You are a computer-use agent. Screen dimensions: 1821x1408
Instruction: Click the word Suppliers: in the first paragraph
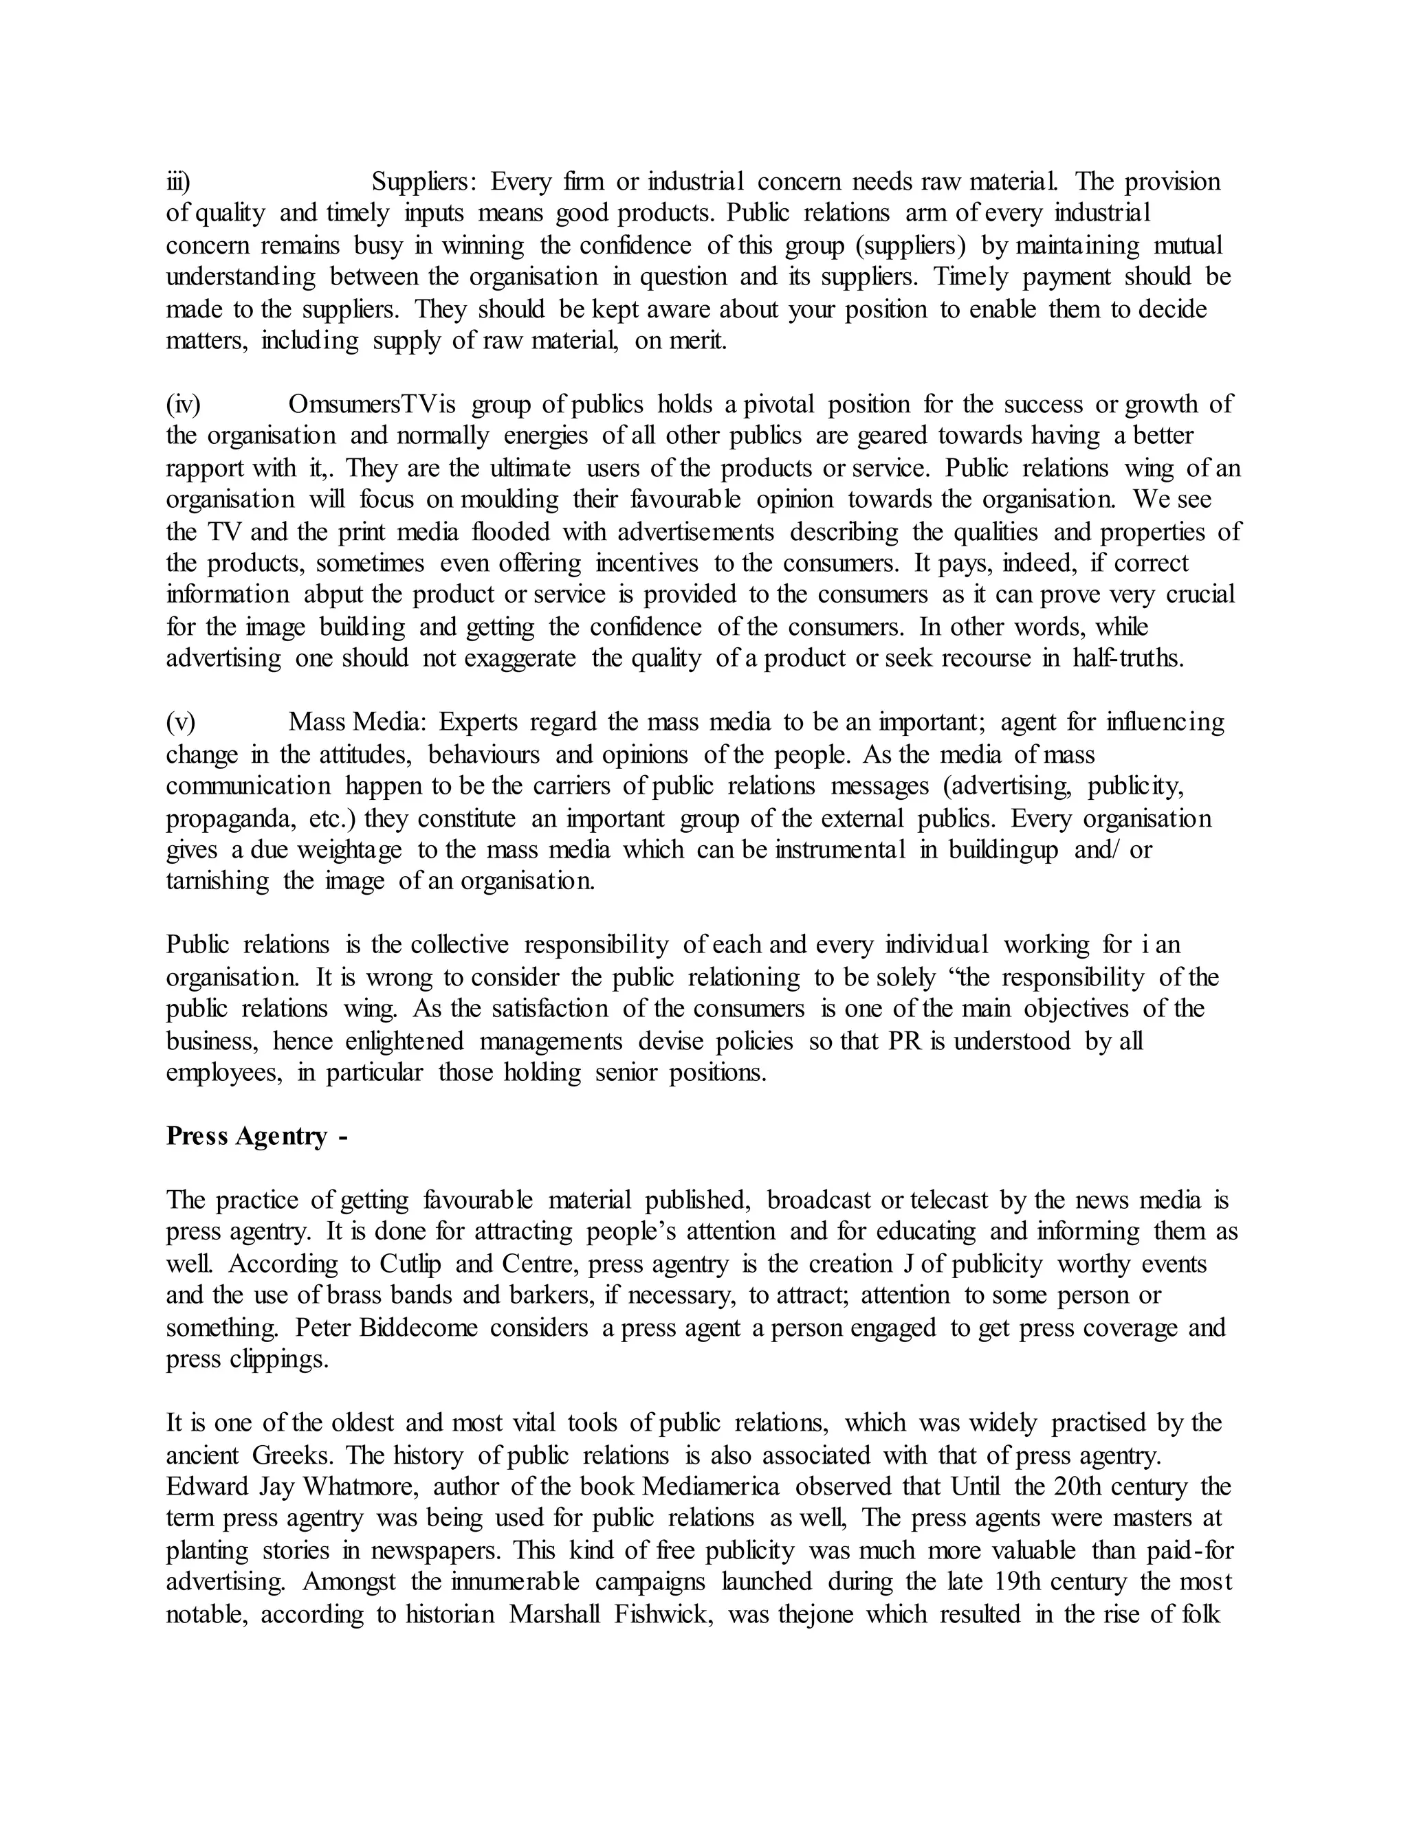click(423, 182)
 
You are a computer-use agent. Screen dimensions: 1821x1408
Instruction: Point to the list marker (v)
click(180, 722)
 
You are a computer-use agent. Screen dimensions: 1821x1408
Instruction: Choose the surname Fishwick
click(663, 1614)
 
